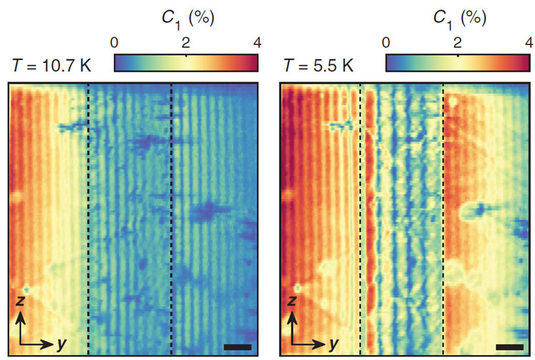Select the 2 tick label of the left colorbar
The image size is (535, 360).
pos(186,41)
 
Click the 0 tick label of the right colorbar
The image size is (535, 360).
pos(386,41)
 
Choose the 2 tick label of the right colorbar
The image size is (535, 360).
pos(458,41)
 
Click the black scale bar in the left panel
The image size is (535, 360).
pos(237,347)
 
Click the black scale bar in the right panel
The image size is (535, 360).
pos(509,347)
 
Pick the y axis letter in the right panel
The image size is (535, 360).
pos(333,344)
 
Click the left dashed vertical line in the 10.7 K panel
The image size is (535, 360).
pos(88,215)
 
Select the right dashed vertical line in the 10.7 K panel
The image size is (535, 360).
pos(172,215)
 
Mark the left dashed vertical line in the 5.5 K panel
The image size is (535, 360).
pos(360,215)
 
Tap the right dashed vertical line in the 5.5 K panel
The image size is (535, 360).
pos(443,215)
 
